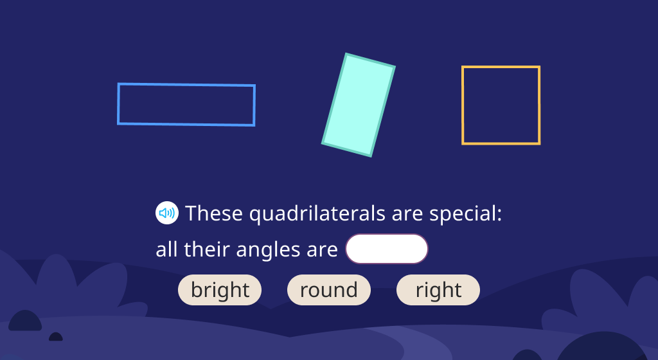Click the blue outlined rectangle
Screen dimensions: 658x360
[186, 85]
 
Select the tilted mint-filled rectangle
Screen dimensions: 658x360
[359, 105]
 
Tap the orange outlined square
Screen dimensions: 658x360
[501, 67]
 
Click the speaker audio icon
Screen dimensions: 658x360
[167, 213]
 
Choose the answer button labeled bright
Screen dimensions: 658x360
[220, 290]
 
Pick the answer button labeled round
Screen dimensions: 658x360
[329, 290]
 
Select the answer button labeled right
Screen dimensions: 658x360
[438, 290]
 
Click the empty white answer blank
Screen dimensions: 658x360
[386, 249]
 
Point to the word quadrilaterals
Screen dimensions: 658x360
[317, 213]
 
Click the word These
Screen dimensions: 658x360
[214, 213]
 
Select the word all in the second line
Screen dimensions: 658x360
[166, 249]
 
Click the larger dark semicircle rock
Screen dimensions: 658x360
[25, 321]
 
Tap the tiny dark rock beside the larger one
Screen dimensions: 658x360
[56, 337]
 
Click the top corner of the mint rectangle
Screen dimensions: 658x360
[346, 53]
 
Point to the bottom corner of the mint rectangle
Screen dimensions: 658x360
[371, 156]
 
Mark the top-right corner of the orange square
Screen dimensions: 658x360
[540, 66]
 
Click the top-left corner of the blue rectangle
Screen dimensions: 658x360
[118, 84]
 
